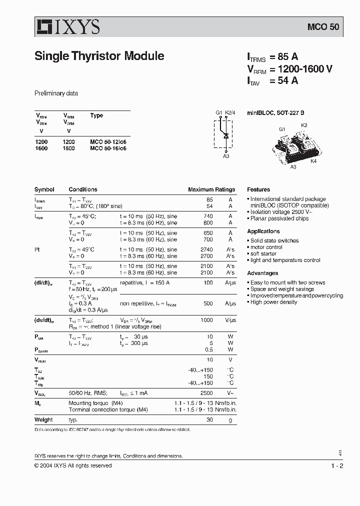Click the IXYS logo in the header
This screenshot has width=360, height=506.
67,27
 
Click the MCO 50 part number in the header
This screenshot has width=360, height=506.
323,27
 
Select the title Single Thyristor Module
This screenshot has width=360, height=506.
99,56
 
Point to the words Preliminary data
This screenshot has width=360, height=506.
56,93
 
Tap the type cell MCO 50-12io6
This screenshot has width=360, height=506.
108,142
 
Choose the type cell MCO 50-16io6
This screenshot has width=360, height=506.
108,148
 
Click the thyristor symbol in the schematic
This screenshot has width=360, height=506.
226,135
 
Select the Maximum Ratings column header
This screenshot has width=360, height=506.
211,190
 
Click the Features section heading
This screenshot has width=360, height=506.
258,190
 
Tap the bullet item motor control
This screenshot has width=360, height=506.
266,247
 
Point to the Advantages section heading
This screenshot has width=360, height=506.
262,273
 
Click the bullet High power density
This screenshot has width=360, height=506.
273,302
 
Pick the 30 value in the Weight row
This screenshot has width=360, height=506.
209,420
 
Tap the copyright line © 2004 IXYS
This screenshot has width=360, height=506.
73,466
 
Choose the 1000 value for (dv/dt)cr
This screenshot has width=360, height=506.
206,320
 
